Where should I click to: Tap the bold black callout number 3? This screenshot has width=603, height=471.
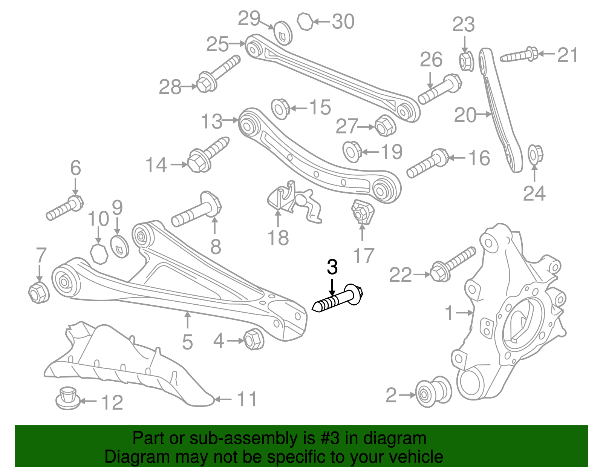point(332,267)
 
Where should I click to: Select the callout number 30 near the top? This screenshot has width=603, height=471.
point(343,21)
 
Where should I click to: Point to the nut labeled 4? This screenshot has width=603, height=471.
point(253,339)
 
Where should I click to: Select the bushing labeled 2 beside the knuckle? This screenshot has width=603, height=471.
point(433,392)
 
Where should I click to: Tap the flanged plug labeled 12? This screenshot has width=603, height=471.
point(68,399)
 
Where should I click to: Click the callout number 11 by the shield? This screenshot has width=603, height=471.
point(247,399)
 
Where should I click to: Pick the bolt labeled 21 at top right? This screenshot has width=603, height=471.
point(519,55)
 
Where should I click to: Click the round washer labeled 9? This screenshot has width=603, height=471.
point(119,247)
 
